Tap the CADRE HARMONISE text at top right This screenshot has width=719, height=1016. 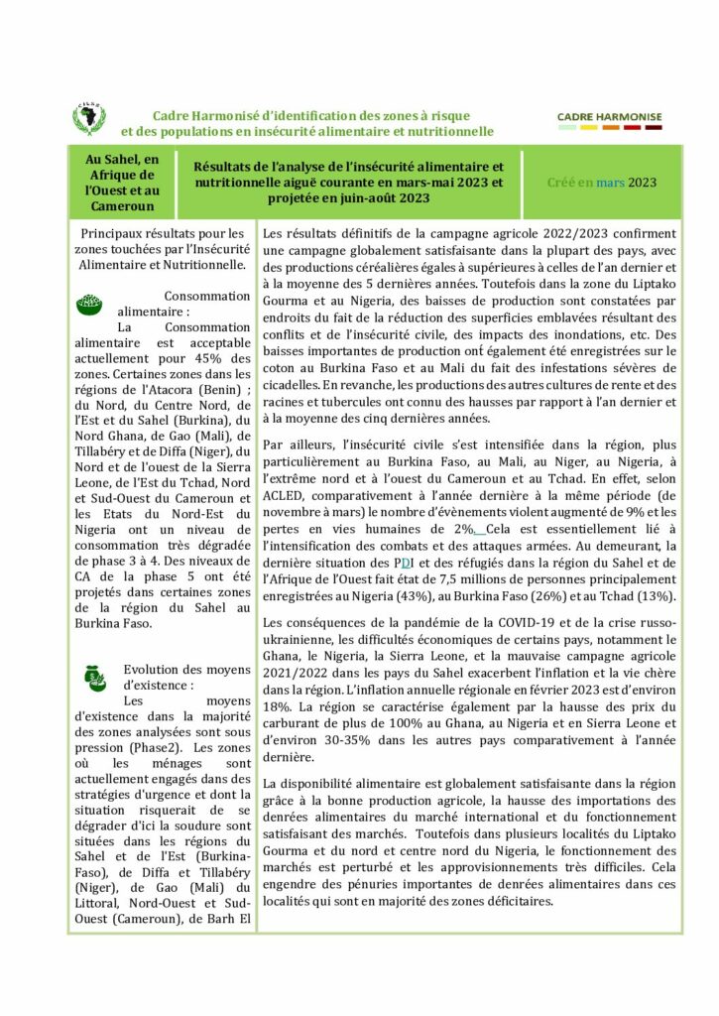coord(610,116)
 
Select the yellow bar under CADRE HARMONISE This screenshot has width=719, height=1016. coord(589,128)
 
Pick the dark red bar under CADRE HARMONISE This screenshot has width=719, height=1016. coord(654,128)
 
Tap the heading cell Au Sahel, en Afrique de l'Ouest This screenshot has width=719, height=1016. coord(122,183)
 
